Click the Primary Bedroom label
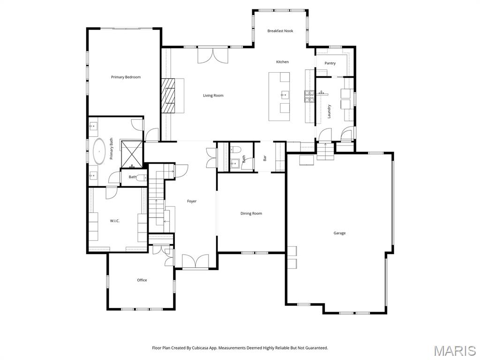pos(126,77)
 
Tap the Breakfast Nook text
pos(280,31)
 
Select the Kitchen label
pos(282,62)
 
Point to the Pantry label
pos(330,63)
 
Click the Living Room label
pos(213,96)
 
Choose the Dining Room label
pos(251,213)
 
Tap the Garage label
pos(339,233)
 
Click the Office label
pos(142,280)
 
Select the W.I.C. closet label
pos(115,221)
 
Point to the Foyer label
pos(192,201)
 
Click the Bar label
pos(265,158)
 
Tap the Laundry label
pos(329,111)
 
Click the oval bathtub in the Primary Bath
pos(99,151)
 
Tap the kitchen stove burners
pos(308,96)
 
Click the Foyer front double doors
pos(195,262)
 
